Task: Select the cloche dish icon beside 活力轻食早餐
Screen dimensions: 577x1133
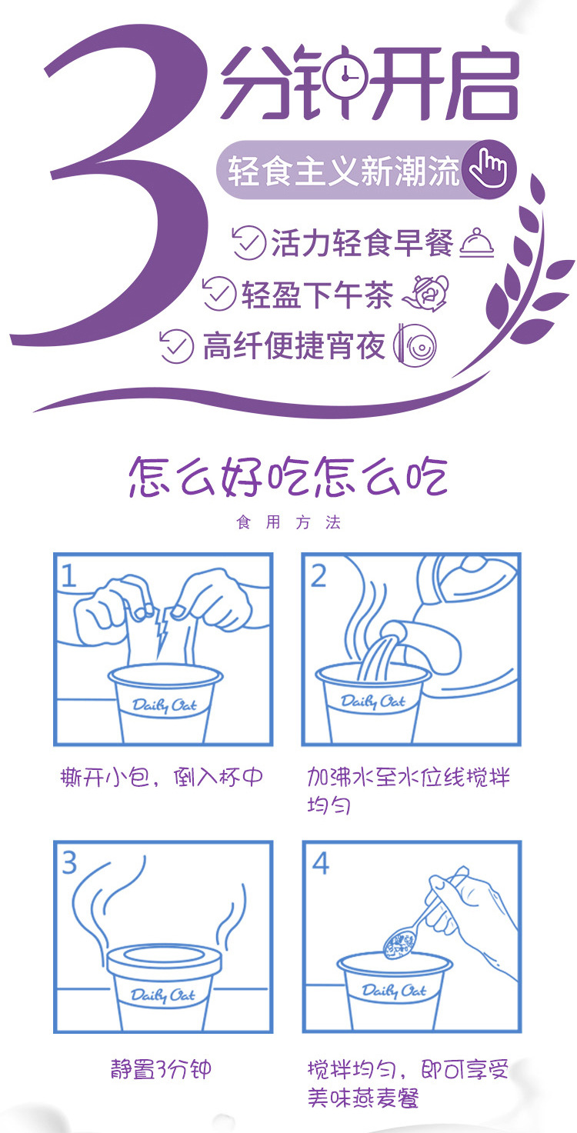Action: tap(477, 243)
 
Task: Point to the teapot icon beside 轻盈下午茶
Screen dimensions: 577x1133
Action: tap(425, 293)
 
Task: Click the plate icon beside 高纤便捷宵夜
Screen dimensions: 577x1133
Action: tap(415, 345)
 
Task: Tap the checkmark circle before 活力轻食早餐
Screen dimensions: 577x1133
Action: tap(248, 243)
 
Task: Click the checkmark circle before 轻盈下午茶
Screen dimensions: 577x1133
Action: tap(219, 293)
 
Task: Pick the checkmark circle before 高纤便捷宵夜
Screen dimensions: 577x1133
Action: tap(176, 346)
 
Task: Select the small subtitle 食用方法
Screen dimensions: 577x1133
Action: tap(288, 522)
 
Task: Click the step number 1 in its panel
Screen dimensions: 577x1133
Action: tap(68, 575)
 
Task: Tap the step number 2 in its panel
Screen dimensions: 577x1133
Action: tap(318, 575)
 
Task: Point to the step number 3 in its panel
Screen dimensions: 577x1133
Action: tap(69, 862)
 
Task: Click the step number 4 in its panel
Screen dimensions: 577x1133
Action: tap(321, 863)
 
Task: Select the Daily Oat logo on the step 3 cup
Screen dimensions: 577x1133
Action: tap(163, 995)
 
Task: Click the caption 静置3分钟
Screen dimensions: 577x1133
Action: tap(161, 1069)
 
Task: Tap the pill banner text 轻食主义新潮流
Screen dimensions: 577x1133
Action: tap(344, 171)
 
